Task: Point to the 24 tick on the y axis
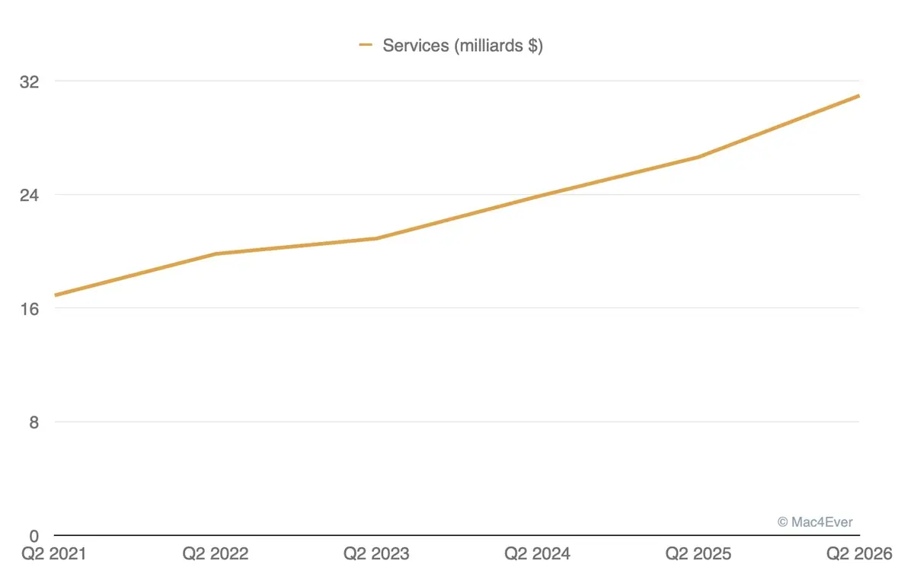coord(29,194)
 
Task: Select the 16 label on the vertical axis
coord(29,308)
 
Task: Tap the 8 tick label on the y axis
coord(34,422)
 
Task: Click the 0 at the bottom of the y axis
coord(34,536)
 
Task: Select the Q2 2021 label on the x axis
coord(55,554)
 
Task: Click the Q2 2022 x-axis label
coord(216,554)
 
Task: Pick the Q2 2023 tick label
coord(376,554)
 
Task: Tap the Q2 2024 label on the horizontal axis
coord(538,554)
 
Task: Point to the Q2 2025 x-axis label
coord(698,554)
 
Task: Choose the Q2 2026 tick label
coord(859,554)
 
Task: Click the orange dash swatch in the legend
coord(366,46)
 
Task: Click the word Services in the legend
coord(416,46)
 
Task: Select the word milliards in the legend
coord(491,46)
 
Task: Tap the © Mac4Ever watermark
coord(815,522)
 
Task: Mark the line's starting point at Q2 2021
coord(55,295)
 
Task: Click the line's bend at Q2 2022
coord(216,253)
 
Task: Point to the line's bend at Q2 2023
coord(376,238)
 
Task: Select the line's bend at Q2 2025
coord(698,157)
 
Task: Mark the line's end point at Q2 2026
coord(859,96)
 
